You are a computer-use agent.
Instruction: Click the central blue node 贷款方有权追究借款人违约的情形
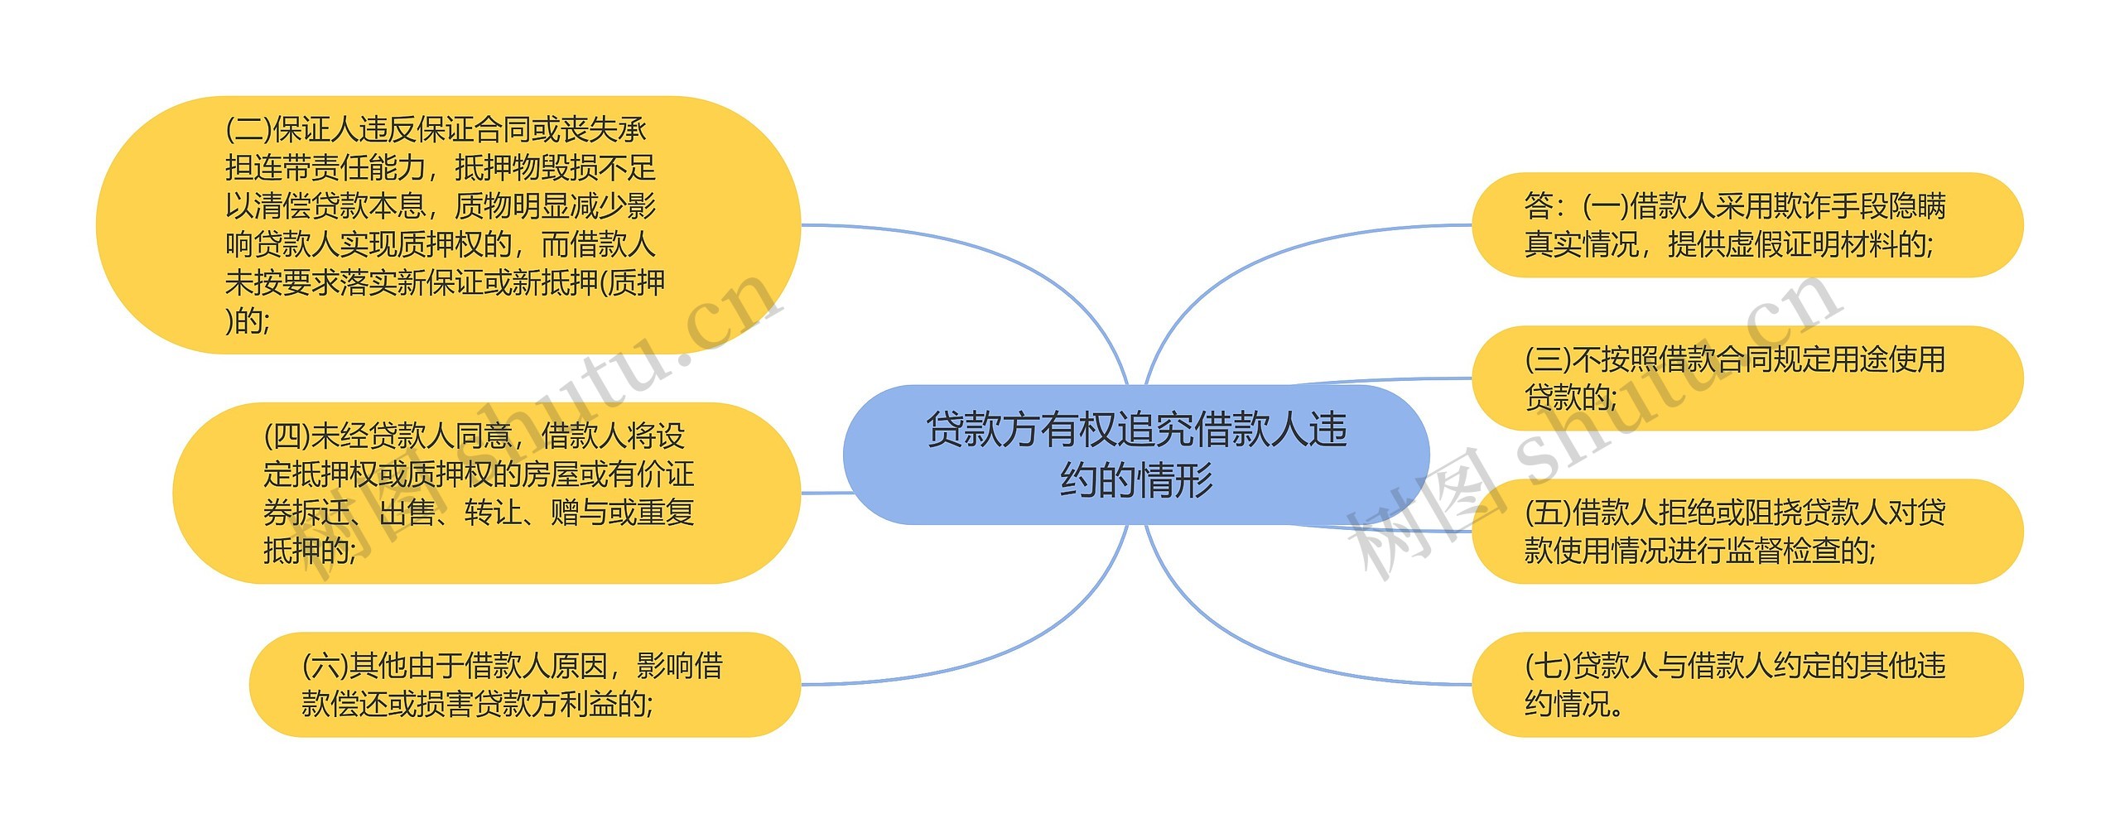[x=1135, y=455]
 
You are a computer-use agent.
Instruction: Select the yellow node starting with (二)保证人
[x=448, y=224]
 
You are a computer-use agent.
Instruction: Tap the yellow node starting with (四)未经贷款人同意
[x=486, y=493]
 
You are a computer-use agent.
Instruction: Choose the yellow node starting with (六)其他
[x=524, y=684]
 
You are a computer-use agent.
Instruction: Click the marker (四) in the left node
[x=287, y=436]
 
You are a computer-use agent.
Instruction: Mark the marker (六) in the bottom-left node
[x=325, y=666]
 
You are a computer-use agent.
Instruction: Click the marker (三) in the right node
[x=1548, y=360]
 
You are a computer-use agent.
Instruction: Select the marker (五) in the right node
[x=1548, y=513]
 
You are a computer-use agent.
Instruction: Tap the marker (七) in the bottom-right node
[x=1548, y=666]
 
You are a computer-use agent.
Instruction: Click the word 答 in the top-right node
[x=1539, y=206]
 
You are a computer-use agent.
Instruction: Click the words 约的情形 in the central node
[x=1136, y=480]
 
